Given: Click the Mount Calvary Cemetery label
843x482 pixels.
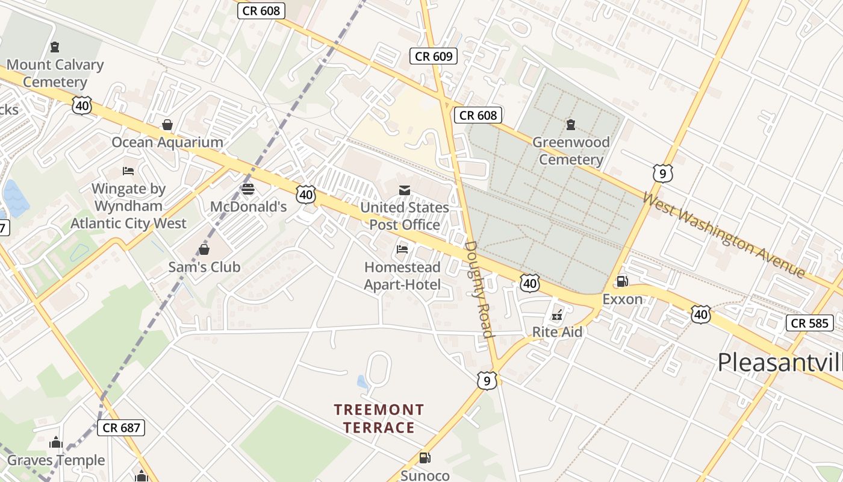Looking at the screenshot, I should (x=55, y=73).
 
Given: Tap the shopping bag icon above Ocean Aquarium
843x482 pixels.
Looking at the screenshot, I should (x=167, y=125).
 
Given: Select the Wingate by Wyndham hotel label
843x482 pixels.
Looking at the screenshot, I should (x=128, y=206).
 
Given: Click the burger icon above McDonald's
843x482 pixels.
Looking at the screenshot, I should (x=247, y=189).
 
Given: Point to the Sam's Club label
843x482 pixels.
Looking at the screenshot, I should (x=204, y=267).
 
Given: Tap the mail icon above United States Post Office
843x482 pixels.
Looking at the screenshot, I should (x=404, y=190).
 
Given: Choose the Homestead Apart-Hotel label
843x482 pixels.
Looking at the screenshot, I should (x=402, y=275).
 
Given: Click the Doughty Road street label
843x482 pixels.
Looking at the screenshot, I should (x=480, y=289).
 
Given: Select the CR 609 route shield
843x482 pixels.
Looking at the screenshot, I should (x=434, y=57).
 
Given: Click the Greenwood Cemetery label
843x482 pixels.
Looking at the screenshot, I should (x=571, y=151).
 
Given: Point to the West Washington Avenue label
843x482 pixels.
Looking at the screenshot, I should (x=723, y=234).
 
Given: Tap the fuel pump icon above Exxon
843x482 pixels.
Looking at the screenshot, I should (x=622, y=281).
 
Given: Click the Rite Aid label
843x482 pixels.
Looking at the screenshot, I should (x=557, y=332).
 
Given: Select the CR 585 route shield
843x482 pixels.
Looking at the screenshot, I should (x=809, y=323).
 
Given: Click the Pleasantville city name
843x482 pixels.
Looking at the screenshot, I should (x=780, y=362).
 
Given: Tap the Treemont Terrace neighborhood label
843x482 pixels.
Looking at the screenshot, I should (x=379, y=419).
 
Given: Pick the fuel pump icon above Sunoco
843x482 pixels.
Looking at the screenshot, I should (x=425, y=458).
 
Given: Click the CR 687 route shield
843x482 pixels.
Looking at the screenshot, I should (x=121, y=428).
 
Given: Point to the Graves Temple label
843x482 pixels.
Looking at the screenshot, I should (x=56, y=461).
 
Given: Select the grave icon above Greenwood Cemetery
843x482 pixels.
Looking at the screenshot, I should (x=570, y=125).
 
